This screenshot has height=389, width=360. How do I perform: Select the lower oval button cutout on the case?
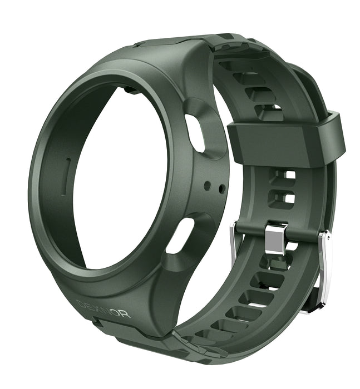coord(179,236)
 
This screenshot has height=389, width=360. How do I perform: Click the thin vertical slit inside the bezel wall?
coord(68,174)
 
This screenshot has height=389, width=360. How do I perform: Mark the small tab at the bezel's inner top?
coord(128,88)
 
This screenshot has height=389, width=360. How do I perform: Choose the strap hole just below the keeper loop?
coord(284,174)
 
